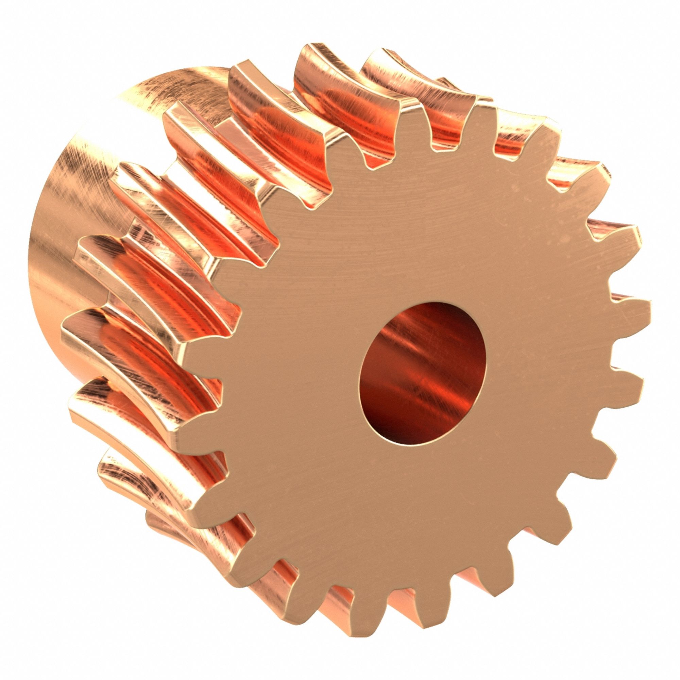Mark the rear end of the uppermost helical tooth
(310, 53)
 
